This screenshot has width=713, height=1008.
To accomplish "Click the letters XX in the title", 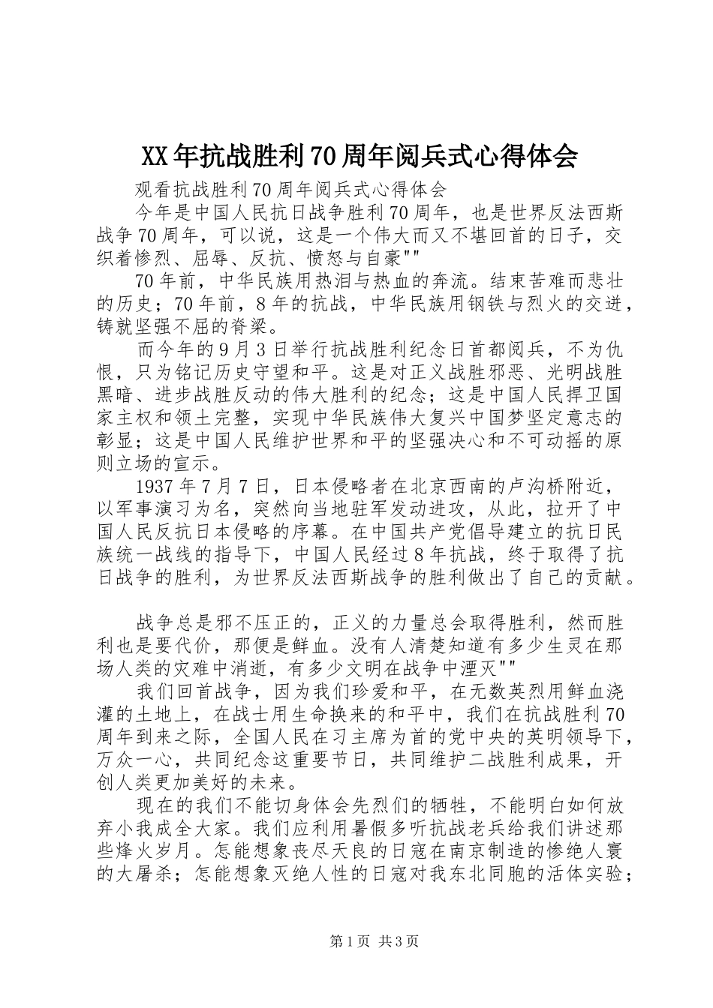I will pos(155,157).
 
